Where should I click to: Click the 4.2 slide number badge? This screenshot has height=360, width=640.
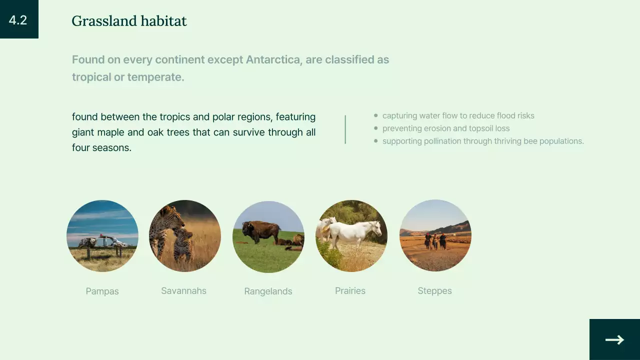point(18,19)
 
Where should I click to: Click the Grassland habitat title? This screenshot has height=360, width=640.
point(129,21)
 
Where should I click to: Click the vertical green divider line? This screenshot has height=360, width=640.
point(345,129)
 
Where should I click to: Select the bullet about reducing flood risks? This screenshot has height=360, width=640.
point(458,116)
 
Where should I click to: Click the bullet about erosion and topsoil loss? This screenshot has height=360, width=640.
point(445,128)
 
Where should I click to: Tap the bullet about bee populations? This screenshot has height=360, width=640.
point(482,141)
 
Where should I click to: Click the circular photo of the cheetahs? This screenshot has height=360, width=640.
point(184,235)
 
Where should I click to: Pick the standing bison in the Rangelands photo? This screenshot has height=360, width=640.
point(261,231)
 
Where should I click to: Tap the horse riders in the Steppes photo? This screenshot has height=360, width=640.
point(435,240)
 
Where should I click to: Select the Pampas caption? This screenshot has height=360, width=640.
point(102,291)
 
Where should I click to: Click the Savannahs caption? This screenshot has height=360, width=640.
point(183,291)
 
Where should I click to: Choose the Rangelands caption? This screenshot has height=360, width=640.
point(268,291)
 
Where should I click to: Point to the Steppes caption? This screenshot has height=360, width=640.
point(434,291)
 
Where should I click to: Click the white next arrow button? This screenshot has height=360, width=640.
point(614,339)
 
